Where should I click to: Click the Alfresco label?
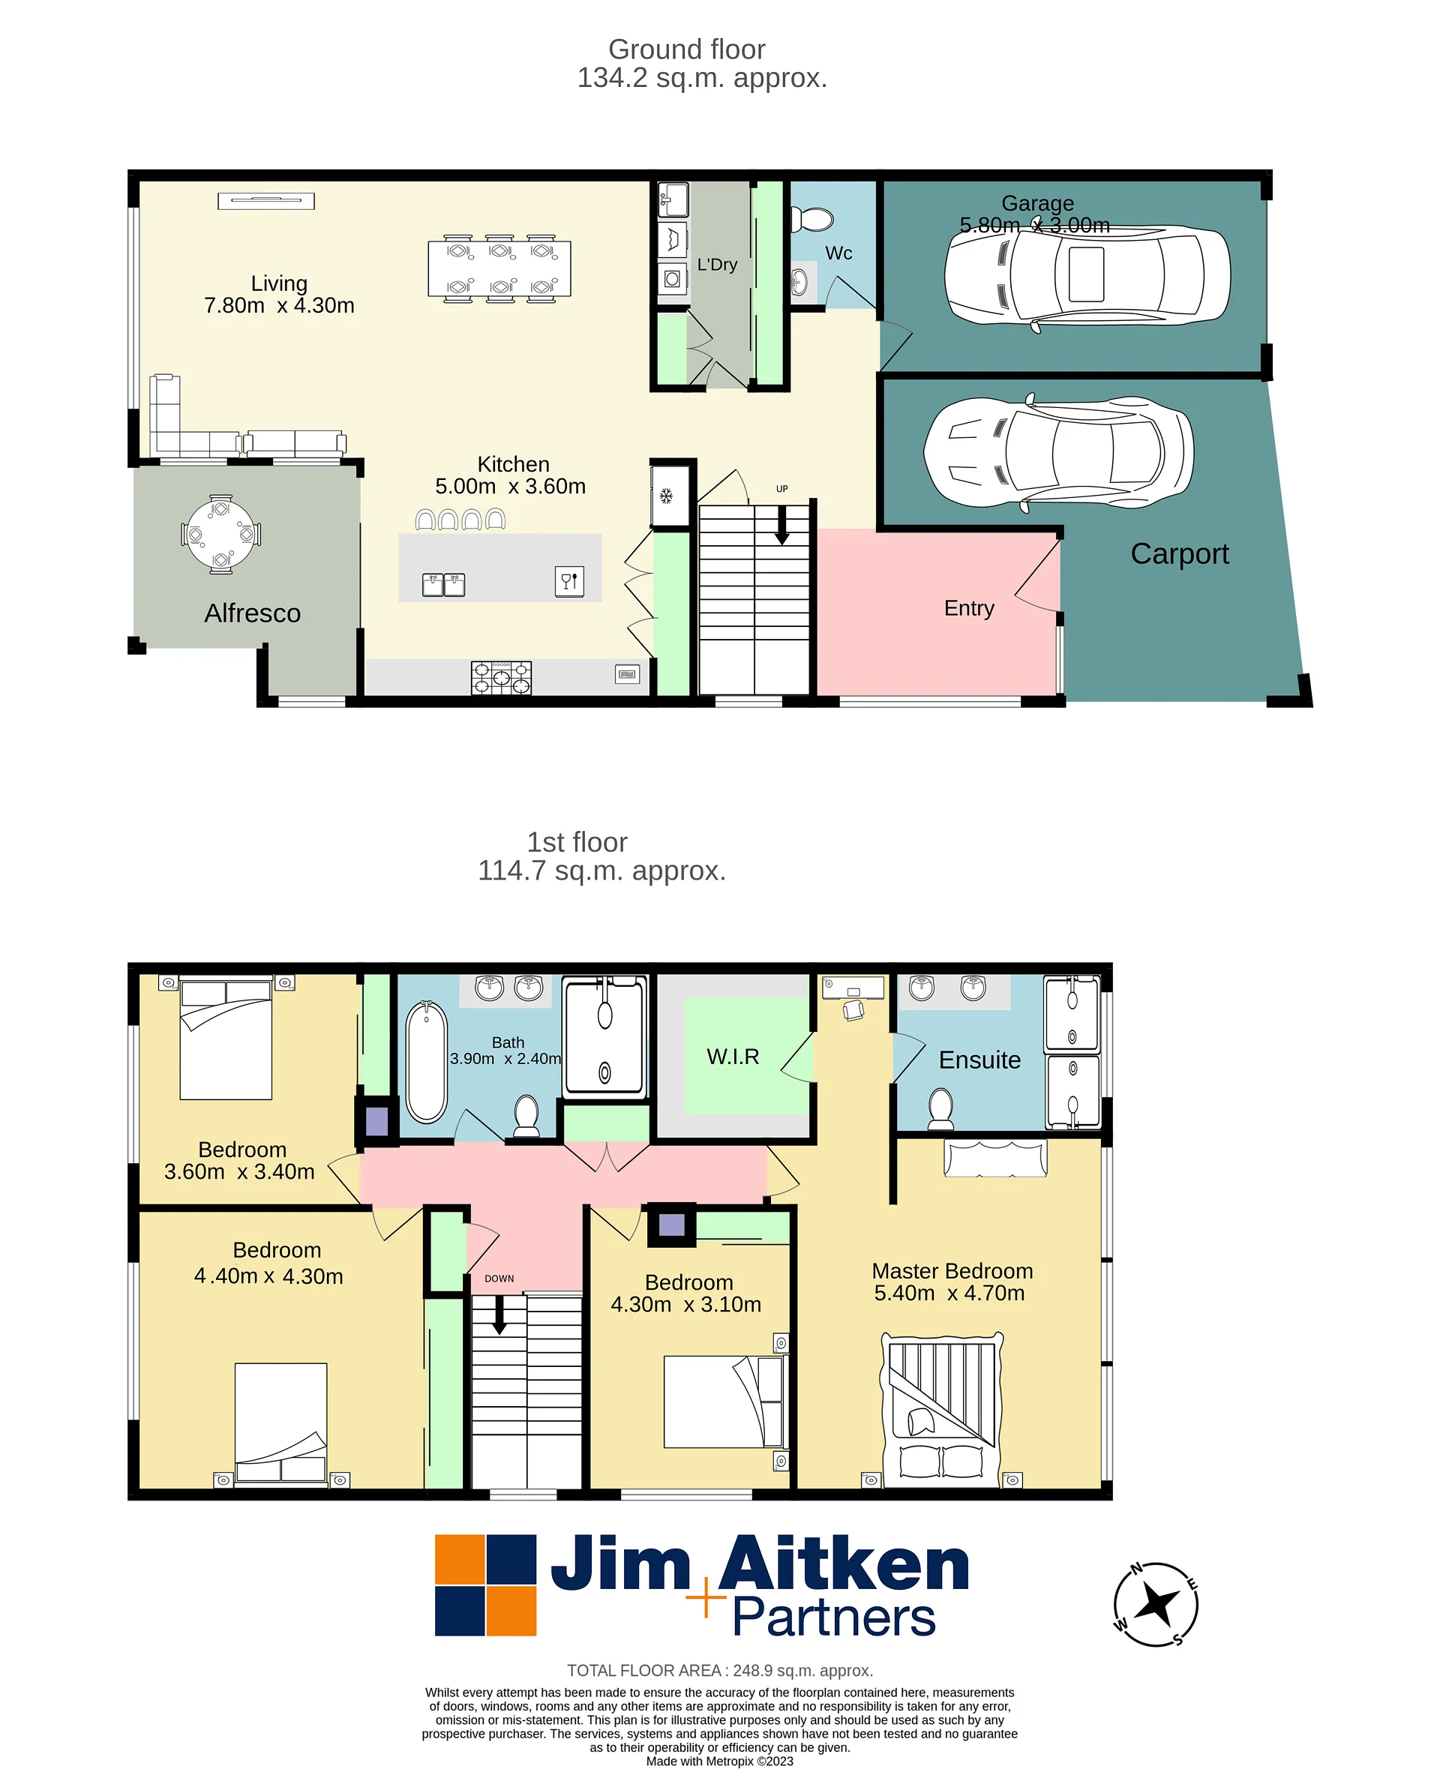(252, 613)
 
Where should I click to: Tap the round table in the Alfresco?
(220, 535)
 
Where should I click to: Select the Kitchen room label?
(514, 464)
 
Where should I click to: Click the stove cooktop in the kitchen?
(501, 678)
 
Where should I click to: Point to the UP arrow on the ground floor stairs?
(782, 524)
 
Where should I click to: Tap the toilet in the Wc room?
(811, 220)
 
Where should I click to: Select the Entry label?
(969, 608)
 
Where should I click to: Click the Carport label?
(1180, 553)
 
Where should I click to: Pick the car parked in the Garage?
(1087, 275)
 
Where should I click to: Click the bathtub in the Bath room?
(427, 1062)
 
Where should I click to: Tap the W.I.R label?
(733, 1057)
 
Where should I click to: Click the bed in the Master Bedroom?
(942, 1411)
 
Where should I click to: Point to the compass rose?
(1156, 1604)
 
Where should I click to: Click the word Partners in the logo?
(835, 1618)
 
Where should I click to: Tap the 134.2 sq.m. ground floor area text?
(702, 78)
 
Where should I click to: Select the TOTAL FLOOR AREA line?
(720, 1670)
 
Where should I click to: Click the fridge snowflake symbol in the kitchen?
(665, 496)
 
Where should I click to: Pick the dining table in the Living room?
(499, 268)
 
